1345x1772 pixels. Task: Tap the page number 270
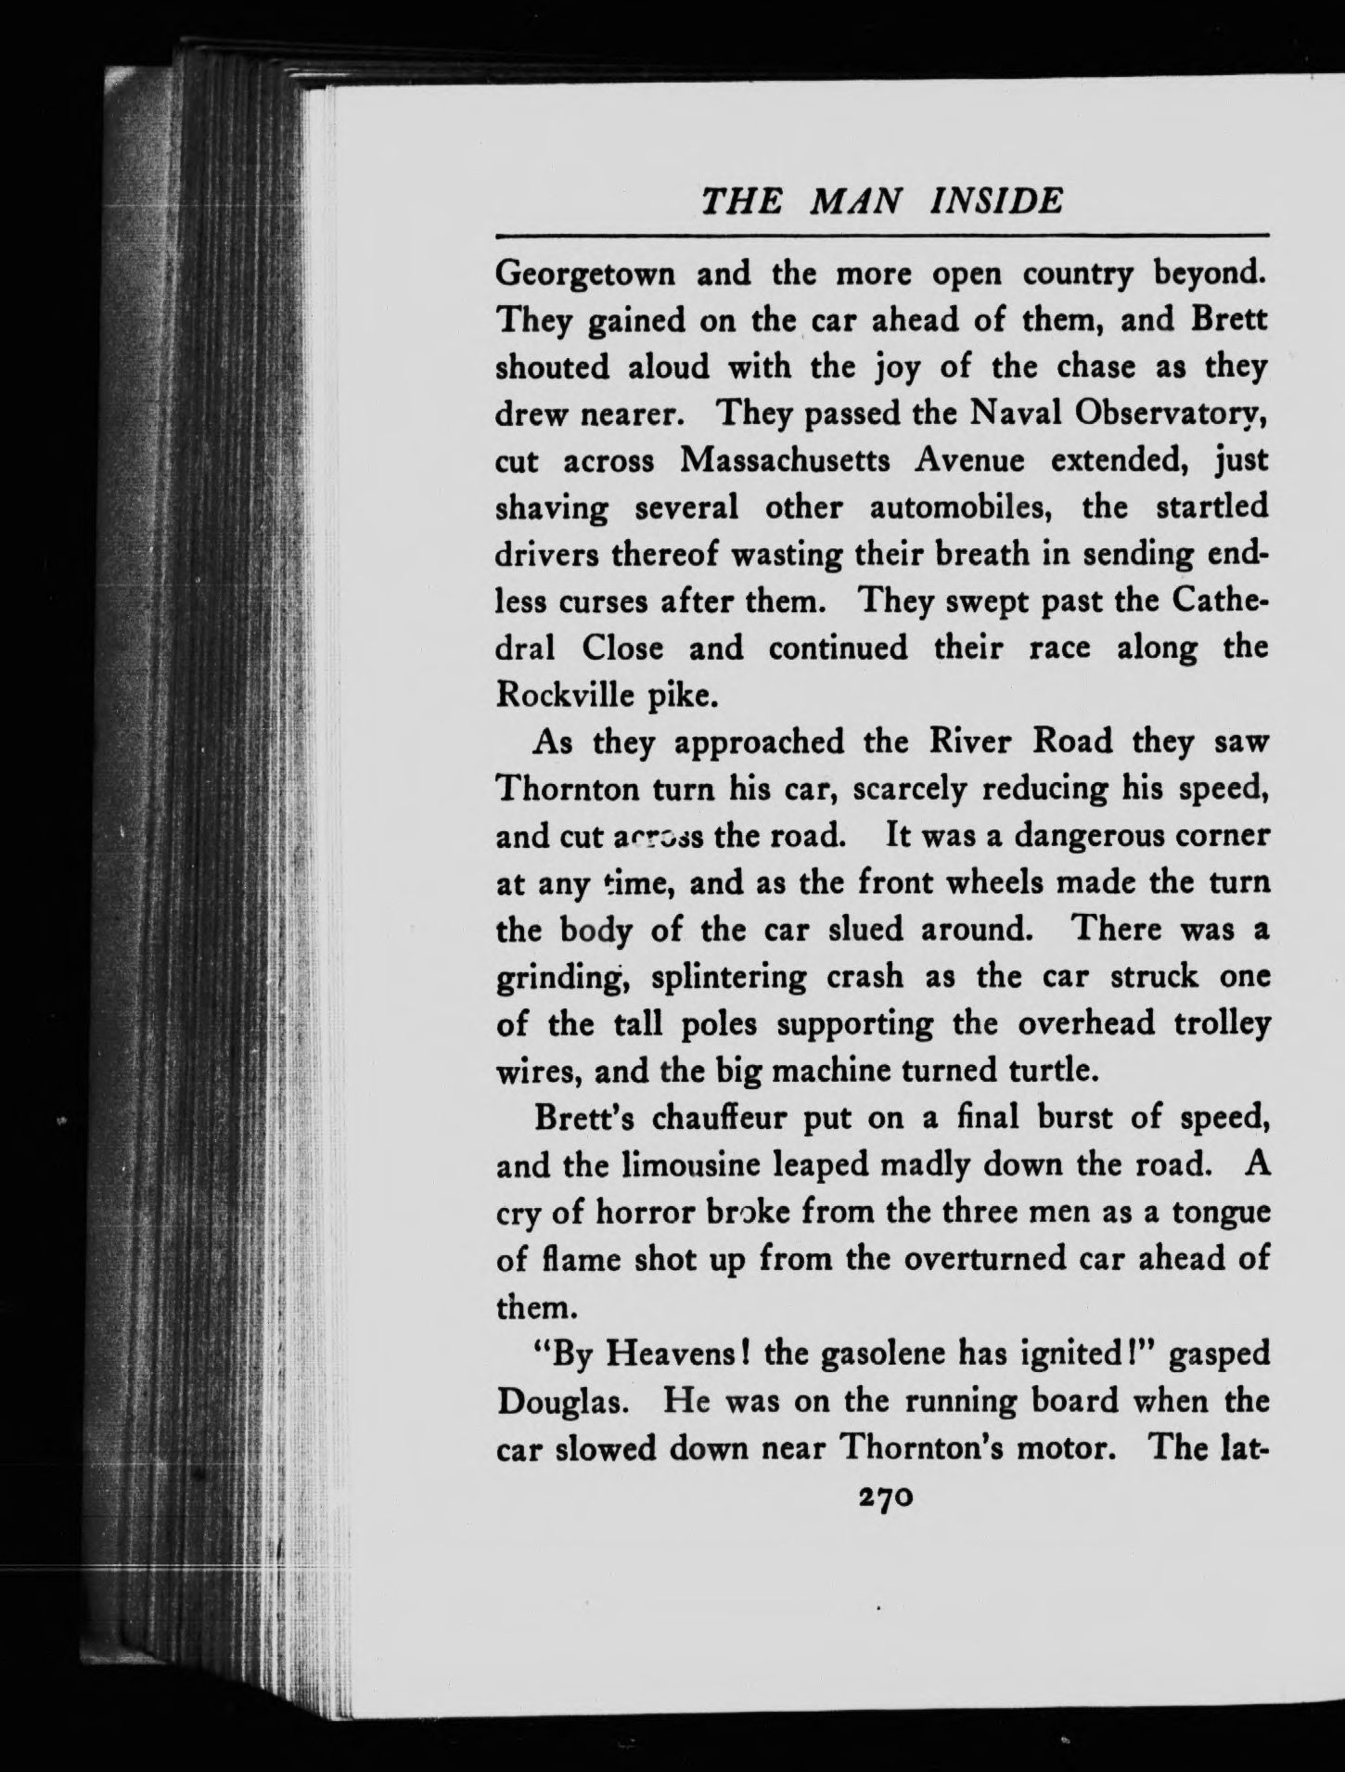pyautogui.click(x=888, y=1497)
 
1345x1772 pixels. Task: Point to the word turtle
pyautogui.click(x=1053, y=1071)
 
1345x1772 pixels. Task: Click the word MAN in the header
pyautogui.click(x=855, y=201)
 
